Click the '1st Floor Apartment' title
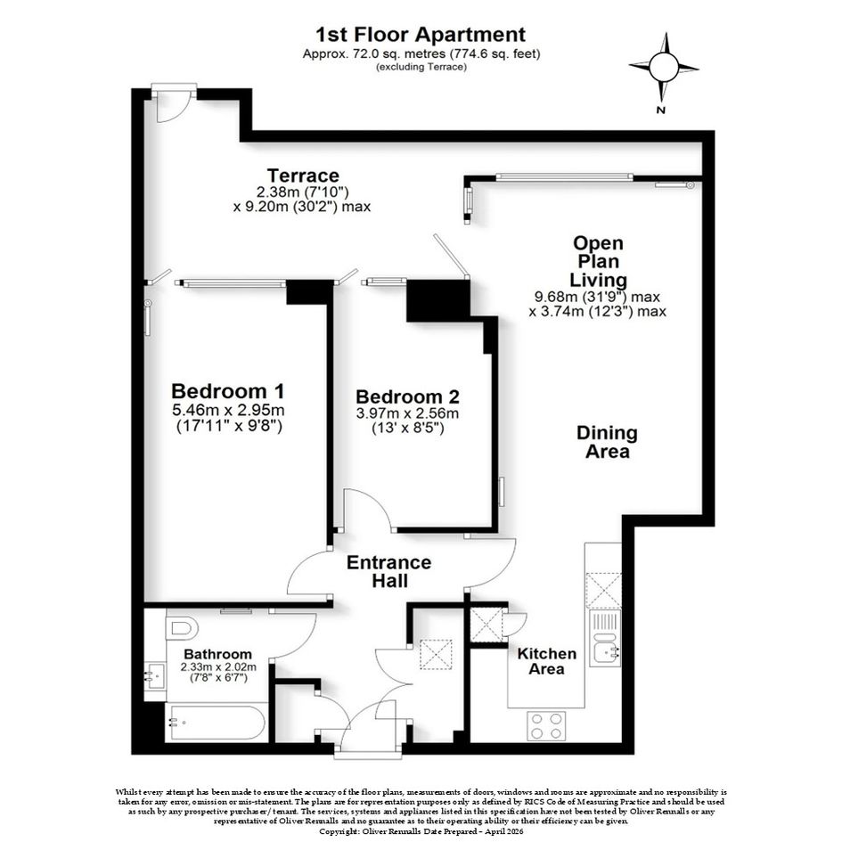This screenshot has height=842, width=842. (x=421, y=35)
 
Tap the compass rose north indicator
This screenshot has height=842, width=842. (x=665, y=69)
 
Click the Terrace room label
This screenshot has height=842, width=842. (x=303, y=176)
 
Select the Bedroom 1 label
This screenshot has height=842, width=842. (x=228, y=390)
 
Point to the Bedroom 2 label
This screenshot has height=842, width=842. (x=407, y=396)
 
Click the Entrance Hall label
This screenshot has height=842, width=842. (x=388, y=571)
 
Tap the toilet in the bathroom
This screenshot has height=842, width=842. (x=182, y=627)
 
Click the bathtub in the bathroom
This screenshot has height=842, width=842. (x=217, y=722)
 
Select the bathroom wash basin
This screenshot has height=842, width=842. (x=156, y=675)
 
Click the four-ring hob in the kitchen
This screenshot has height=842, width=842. (x=546, y=725)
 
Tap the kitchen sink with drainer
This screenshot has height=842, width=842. (x=605, y=637)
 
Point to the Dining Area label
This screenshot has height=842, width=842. (x=607, y=442)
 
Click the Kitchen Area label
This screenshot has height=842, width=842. (x=547, y=661)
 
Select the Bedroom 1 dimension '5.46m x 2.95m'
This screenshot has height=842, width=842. (x=228, y=411)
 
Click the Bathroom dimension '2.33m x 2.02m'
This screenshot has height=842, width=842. (x=218, y=667)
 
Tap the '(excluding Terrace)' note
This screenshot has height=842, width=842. (x=421, y=67)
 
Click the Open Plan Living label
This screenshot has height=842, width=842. (x=598, y=262)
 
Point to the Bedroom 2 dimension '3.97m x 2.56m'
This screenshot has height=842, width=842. (x=407, y=413)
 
